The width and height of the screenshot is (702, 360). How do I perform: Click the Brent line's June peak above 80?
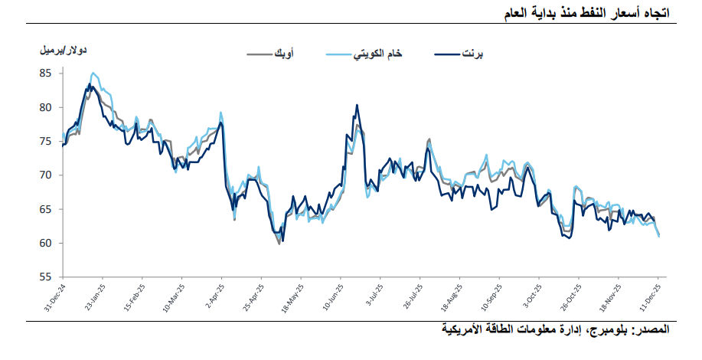point(357,106)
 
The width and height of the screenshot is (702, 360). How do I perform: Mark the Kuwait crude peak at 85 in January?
point(93,74)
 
